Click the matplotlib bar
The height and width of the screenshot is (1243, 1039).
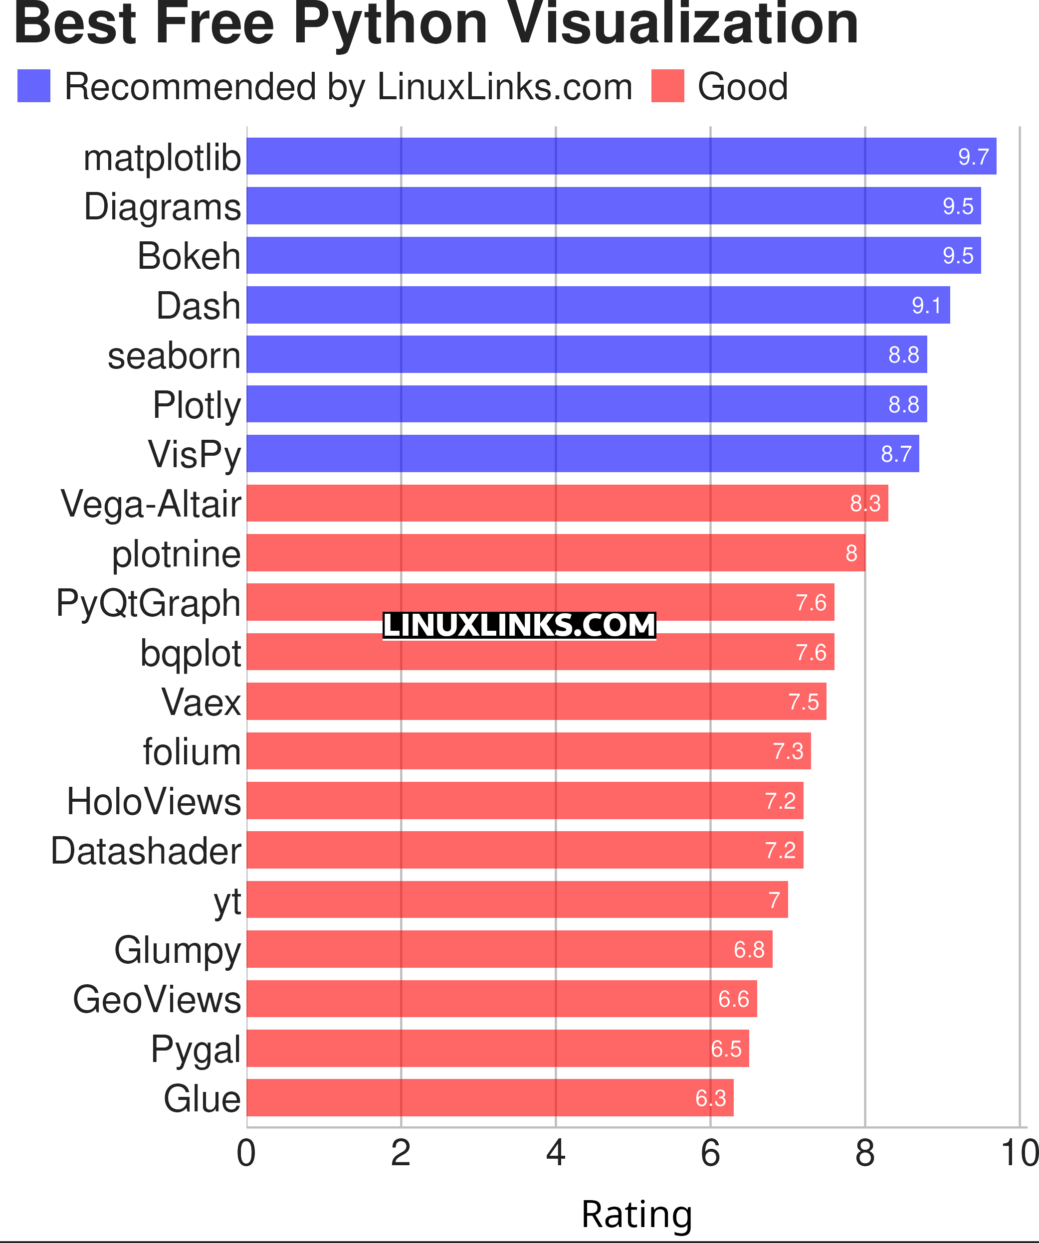click(621, 156)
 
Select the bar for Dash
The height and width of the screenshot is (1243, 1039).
click(598, 305)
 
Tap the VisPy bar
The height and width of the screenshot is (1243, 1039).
click(583, 453)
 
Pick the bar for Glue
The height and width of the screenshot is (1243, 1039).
click(490, 1098)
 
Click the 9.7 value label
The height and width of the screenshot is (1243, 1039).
click(973, 157)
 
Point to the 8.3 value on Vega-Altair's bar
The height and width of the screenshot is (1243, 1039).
click(865, 503)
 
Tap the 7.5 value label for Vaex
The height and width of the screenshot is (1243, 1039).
click(804, 702)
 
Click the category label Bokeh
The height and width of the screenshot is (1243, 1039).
click(189, 256)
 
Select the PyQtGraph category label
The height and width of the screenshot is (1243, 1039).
click(148, 603)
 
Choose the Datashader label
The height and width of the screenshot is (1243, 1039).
click(146, 851)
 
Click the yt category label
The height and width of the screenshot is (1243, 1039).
click(227, 901)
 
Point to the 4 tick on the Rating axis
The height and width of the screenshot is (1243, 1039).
click(555, 1153)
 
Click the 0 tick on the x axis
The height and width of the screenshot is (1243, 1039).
click(246, 1153)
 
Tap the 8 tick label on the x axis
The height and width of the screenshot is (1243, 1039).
click(865, 1153)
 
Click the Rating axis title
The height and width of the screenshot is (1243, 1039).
click(636, 1214)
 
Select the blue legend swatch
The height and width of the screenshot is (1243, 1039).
click(34, 86)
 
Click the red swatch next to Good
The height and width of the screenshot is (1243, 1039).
click(667, 86)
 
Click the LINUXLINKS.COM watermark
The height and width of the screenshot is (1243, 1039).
click(519, 626)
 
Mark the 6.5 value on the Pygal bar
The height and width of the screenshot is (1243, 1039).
click(726, 1049)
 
